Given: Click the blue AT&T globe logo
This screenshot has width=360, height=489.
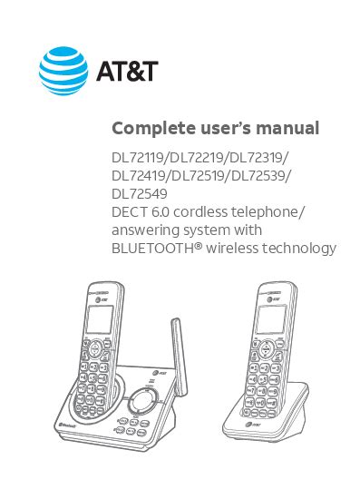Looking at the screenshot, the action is (63, 71).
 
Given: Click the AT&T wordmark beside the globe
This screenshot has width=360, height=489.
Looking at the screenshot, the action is (127, 71).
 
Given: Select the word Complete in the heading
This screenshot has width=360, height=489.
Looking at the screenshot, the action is (153, 129).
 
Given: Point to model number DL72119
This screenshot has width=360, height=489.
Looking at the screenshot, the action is (138, 158).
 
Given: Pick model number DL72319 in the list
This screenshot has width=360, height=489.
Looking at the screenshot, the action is (255, 158).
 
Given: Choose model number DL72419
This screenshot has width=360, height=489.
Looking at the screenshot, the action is (139, 176).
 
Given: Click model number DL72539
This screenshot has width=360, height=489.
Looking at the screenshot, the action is (258, 176).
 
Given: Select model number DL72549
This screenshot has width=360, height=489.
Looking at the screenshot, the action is (140, 194).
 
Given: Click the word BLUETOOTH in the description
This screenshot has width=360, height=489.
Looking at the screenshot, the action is (152, 249).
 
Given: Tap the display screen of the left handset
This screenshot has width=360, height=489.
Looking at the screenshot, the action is (100, 319).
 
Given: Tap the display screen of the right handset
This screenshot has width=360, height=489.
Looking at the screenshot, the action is (271, 319).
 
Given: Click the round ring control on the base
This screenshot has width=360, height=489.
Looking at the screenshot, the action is (141, 402).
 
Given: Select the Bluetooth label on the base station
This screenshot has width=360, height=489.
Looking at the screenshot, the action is (67, 425).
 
